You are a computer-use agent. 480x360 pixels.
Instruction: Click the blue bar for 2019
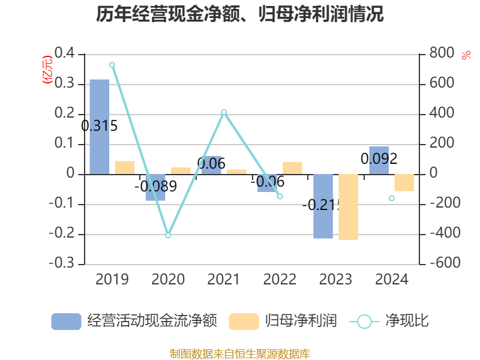(100, 127)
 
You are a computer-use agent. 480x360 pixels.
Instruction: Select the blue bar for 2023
(323, 206)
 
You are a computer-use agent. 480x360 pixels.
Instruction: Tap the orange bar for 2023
(348, 207)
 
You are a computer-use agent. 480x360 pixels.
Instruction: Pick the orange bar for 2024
(404, 182)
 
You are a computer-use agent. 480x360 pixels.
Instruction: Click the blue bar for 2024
(379, 160)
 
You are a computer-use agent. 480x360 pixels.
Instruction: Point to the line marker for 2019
(112, 64)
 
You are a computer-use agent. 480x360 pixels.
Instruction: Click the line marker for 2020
(168, 235)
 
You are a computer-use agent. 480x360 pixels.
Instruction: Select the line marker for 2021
(224, 112)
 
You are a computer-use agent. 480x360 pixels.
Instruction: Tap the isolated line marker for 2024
(391, 198)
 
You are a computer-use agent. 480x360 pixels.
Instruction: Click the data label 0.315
(99, 126)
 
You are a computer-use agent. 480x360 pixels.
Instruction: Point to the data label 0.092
(379, 159)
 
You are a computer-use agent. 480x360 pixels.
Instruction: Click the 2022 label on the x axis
(280, 279)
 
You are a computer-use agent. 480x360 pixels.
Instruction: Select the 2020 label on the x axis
(168, 279)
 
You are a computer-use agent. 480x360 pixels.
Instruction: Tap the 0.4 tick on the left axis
(65, 54)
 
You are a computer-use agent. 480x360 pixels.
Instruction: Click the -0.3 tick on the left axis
(63, 263)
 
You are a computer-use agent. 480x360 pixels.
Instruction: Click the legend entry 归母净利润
(283, 321)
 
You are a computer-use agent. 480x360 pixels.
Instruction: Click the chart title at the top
(240, 13)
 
